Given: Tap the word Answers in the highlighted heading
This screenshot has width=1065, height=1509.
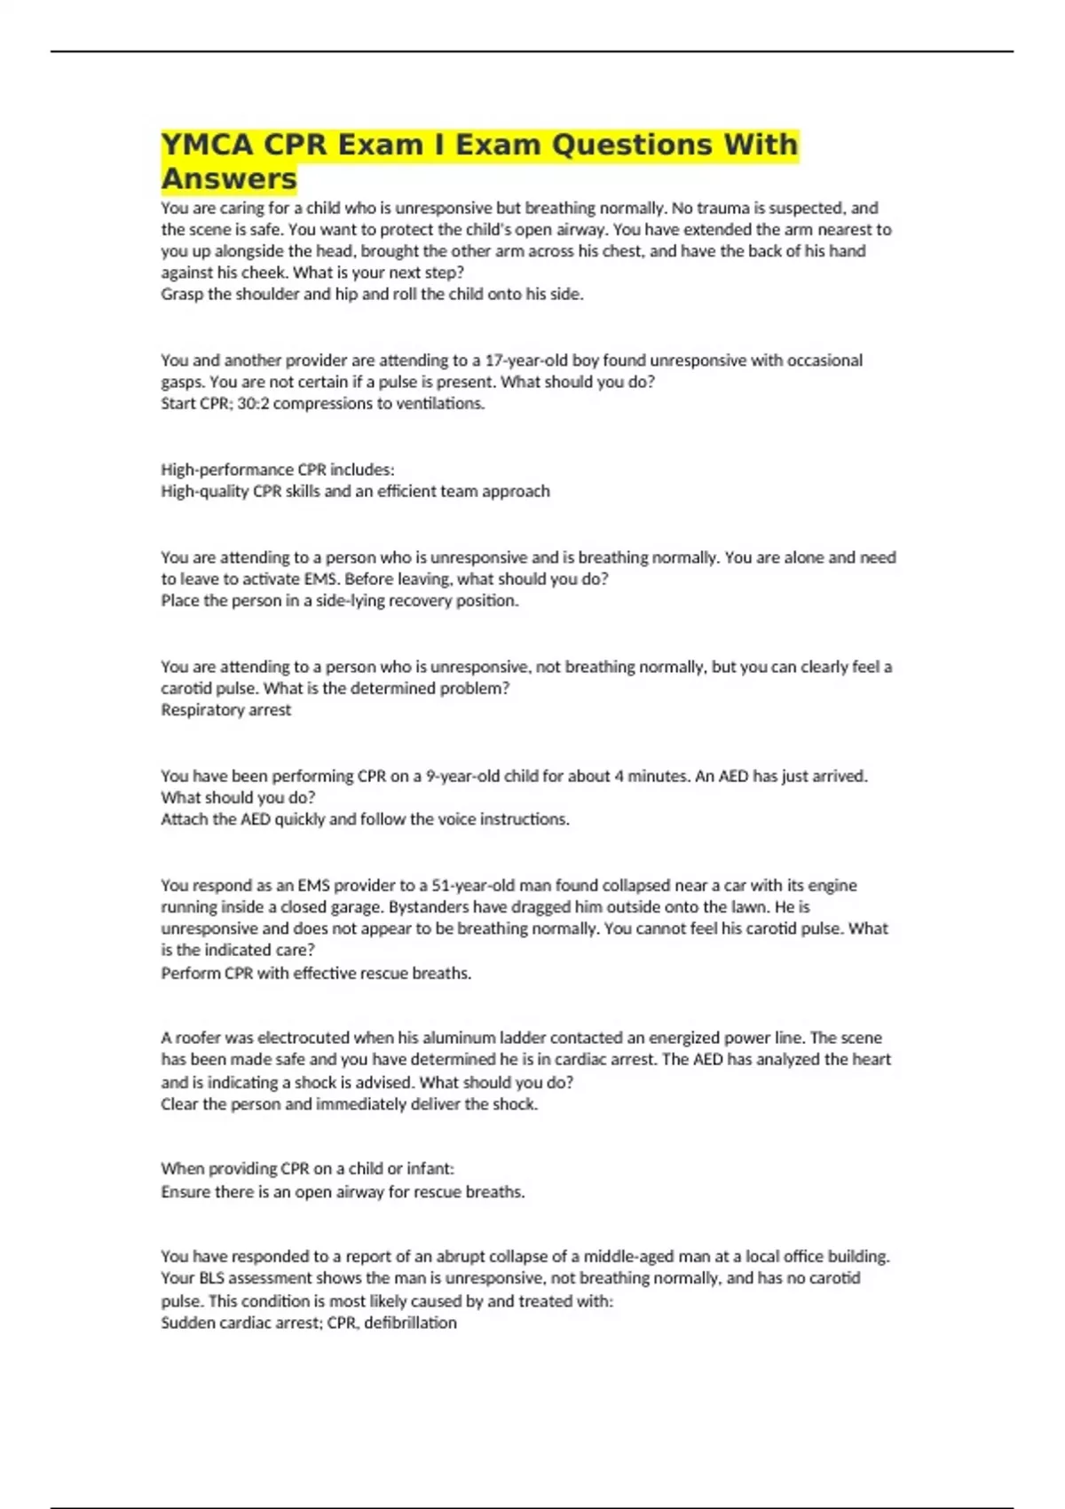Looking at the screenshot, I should pyautogui.click(x=229, y=178).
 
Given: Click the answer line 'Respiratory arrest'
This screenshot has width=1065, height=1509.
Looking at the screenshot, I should pyautogui.click(x=225, y=710).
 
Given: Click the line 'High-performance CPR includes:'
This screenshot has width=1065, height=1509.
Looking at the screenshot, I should pyautogui.click(x=278, y=470).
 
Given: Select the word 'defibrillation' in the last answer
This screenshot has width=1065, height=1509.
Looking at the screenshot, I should pyautogui.click(x=410, y=1323).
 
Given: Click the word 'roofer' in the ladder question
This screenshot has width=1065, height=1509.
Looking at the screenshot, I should pyautogui.click(x=197, y=1038).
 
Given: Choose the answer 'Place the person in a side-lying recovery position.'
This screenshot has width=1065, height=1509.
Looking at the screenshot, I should pyautogui.click(x=340, y=601).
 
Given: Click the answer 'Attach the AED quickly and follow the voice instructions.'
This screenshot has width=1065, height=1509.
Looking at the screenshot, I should pyautogui.click(x=365, y=819).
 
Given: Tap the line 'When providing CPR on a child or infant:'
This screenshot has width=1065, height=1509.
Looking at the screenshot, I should pyautogui.click(x=307, y=1169).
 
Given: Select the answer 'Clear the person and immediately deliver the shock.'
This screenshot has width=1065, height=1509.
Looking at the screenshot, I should pyautogui.click(x=349, y=1104).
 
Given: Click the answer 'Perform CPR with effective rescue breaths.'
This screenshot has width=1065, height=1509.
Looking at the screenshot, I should pyautogui.click(x=316, y=973).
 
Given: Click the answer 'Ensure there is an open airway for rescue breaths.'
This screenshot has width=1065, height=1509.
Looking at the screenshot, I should pyautogui.click(x=343, y=1192).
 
